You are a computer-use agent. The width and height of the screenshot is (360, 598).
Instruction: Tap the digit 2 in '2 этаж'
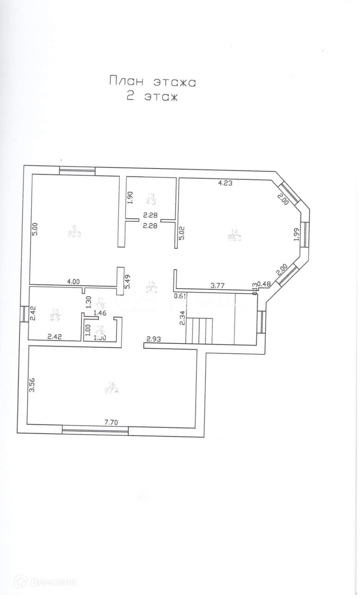tap(130, 96)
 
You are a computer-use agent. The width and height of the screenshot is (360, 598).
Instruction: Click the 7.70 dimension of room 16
tap(111, 422)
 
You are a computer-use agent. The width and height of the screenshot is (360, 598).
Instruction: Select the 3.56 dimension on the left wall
tap(32, 385)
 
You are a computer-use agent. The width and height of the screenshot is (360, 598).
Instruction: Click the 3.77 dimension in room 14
tap(218, 286)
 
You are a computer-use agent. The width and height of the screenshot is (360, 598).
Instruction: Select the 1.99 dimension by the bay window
tap(296, 234)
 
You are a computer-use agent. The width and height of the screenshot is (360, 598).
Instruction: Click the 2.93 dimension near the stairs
tap(153, 339)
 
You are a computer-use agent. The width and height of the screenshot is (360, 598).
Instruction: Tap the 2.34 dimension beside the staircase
tap(183, 318)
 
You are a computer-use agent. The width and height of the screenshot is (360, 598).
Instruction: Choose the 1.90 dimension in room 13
tap(130, 197)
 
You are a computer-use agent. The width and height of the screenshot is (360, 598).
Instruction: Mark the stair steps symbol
tap(200, 330)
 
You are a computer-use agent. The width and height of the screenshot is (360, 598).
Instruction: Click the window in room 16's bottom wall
tap(95, 431)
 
